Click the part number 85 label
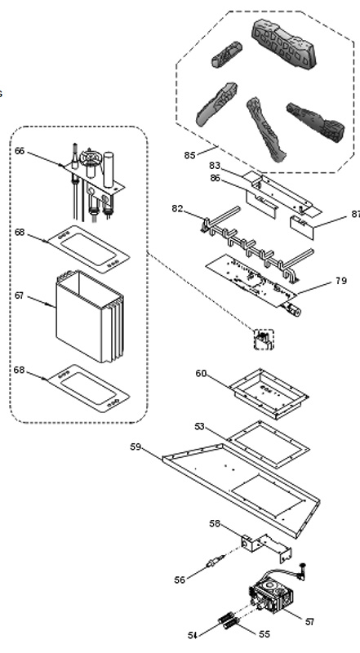pyautogui.click(x=189, y=155)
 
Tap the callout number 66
pyautogui.click(x=20, y=151)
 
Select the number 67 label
pyautogui.click(x=19, y=295)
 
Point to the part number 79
pyautogui.click(x=341, y=281)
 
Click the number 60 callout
pyautogui.click(x=201, y=374)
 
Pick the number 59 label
pyautogui.click(x=136, y=446)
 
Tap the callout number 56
pyautogui.click(x=180, y=580)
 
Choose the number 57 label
pyautogui.click(x=309, y=621)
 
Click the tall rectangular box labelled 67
pyautogui.click(x=90, y=317)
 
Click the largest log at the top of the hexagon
pyautogui.click(x=284, y=43)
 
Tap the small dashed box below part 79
pyautogui.click(x=264, y=340)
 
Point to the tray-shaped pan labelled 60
pyautogui.click(x=269, y=393)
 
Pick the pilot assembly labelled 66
pyautogui.click(x=92, y=181)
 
